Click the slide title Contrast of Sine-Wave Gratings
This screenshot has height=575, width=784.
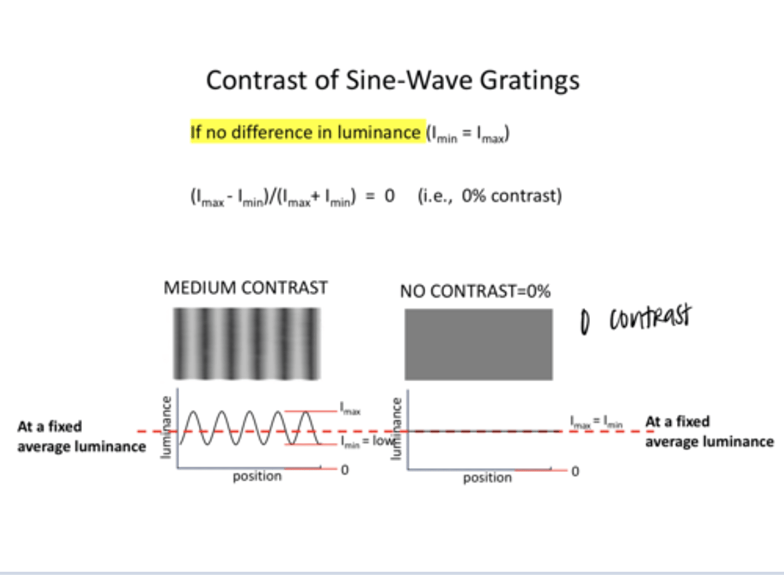[393, 81]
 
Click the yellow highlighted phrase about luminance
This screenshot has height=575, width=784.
[307, 132]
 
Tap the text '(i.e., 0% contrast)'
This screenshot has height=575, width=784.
[489, 195]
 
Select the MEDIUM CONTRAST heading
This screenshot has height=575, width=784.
[246, 287]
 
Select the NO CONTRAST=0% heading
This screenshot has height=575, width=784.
[475, 291]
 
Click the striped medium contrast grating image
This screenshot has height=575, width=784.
[247, 344]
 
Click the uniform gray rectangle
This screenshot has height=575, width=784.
[478, 344]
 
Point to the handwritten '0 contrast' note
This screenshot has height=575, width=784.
[635, 319]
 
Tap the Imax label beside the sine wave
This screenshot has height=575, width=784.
[350, 408]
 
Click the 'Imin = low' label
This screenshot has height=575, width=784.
[366, 441]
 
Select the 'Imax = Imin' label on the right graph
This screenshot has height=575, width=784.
[596, 421]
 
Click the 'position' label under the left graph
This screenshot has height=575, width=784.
[257, 476]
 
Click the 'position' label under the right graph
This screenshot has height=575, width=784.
[487, 478]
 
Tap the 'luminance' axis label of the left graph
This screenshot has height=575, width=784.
[167, 427]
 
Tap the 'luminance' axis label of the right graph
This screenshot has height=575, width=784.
[397, 429]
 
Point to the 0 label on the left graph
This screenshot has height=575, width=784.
[345, 469]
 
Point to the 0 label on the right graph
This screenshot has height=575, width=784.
[575, 471]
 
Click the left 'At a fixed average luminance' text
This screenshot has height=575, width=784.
[81, 436]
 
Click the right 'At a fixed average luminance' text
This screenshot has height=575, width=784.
[709, 431]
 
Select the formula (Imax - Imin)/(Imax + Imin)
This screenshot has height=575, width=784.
[273, 197]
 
